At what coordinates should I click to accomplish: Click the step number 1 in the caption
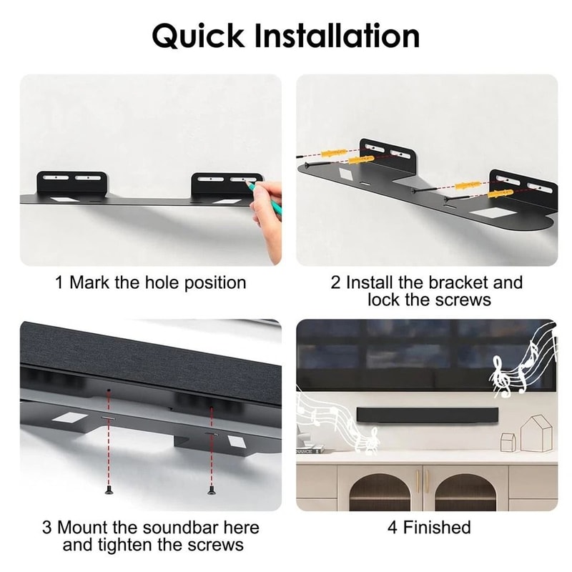pos(60,282)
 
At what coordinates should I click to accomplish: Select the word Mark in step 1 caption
pos(89,282)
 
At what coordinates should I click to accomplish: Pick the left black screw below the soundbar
pos(108,490)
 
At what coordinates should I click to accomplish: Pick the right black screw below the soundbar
pos(211,490)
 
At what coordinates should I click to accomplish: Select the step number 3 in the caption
pos(46,528)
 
